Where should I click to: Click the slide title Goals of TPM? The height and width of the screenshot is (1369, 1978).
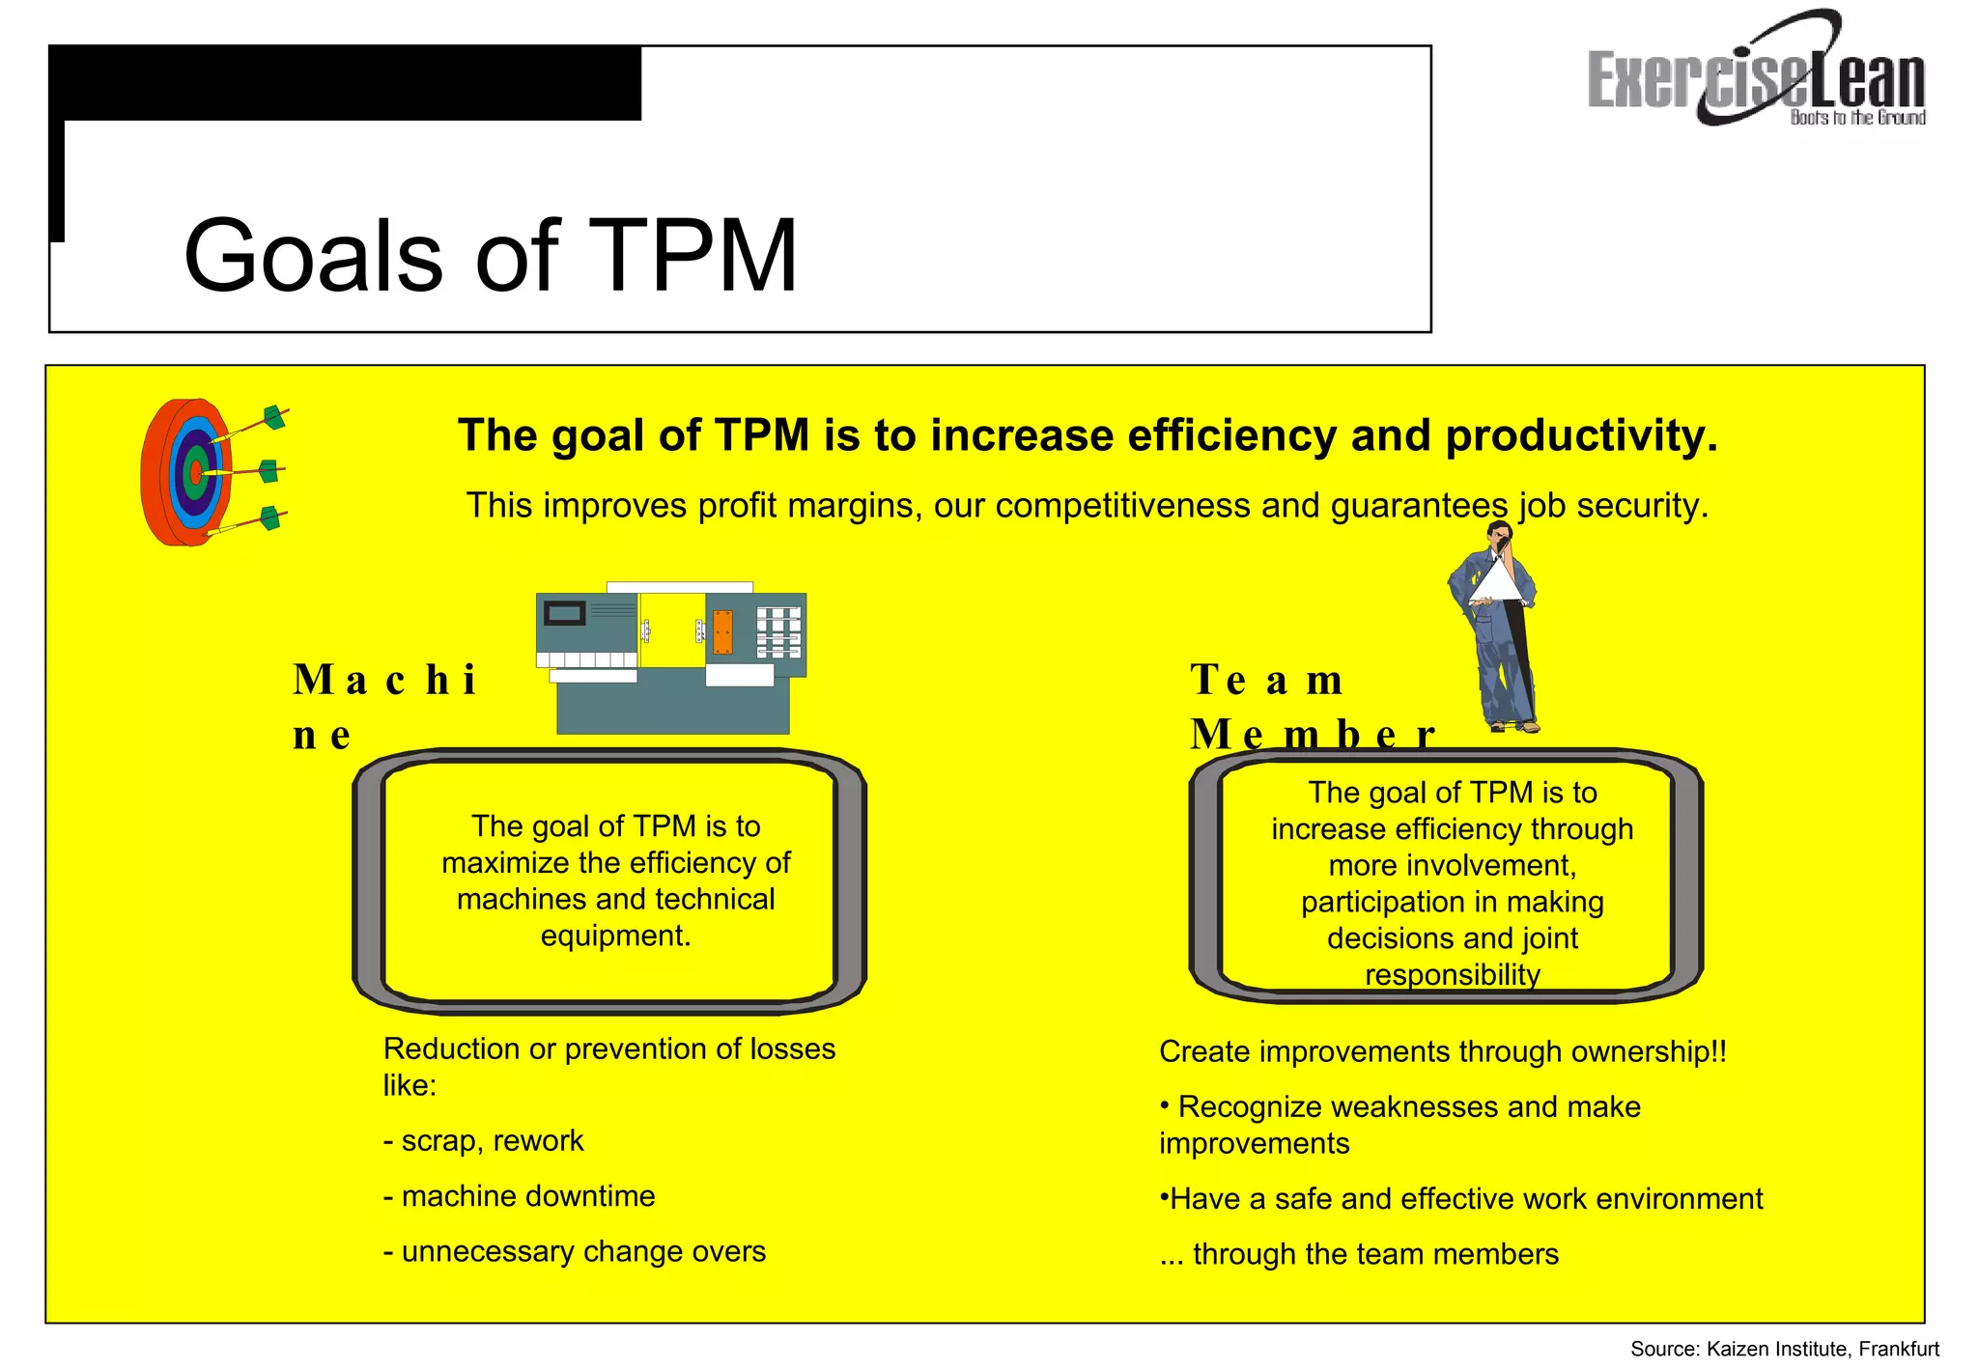click(x=491, y=255)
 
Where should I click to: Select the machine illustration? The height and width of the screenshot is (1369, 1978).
click(x=672, y=658)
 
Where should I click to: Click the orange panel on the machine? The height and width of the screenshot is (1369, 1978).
click(x=722, y=631)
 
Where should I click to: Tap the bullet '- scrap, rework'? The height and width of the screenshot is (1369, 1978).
click(x=484, y=1141)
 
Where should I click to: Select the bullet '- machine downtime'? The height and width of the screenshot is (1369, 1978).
click(x=520, y=1196)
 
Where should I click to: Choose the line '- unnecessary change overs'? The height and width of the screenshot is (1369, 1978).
click(x=575, y=1251)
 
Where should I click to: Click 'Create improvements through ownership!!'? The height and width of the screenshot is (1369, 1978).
click(x=1442, y=1051)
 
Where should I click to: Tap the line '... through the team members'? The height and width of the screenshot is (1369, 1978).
click(x=1359, y=1254)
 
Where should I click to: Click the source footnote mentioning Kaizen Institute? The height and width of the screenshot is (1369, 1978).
click(x=1784, y=1349)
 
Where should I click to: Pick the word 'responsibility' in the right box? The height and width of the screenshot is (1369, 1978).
click(x=1452, y=975)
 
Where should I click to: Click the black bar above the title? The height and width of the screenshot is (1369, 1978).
click(x=348, y=83)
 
